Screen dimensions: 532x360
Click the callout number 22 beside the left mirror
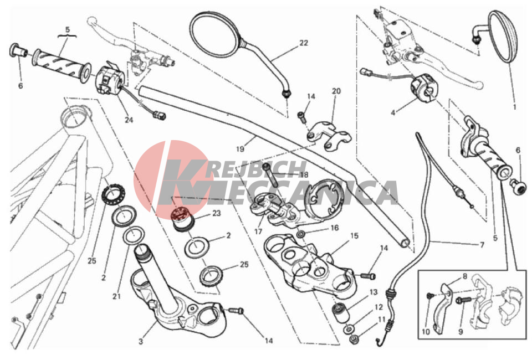pyautogui.click(x=304, y=43)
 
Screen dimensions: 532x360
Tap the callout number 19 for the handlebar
pyautogui.click(x=240, y=149)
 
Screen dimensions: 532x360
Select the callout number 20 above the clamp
pyautogui.click(x=336, y=91)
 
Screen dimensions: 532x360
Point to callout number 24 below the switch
pyautogui.click(x=129, y=120)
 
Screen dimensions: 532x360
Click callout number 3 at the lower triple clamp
pyautogui.click(x=141, y=341)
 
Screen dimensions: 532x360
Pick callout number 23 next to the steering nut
pyautogui.click(x=217, y=213)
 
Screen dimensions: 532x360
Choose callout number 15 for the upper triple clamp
pyautogui.click(x=354, y=235)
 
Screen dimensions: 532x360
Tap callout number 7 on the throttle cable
pyautogui.click(x=482, y=244)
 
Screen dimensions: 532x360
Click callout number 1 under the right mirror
pyautogui.click(x=514, y=107)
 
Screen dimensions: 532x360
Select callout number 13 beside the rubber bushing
pyautogui.click(x=374, y=292)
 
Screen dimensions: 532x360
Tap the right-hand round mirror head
pyautogui.click(x=503, y=37)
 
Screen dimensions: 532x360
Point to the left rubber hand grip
pyautogui.click(x=62, y=65)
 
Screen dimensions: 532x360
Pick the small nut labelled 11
pyautogui.click(x=354, y=338)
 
